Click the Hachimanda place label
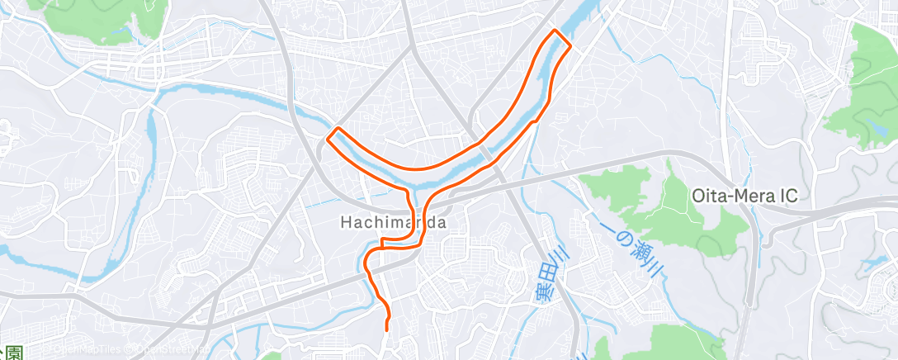pyautogui.click(x=394, y=222)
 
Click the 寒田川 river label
pyautogui.click(x=545, y=281)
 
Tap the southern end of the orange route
pyautogui.click(x=387, y=329)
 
